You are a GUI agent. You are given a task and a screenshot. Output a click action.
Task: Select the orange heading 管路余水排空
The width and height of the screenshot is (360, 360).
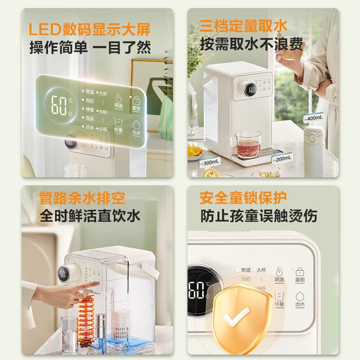click(82, 198)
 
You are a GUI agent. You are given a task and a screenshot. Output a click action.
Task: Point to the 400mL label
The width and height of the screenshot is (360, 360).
click(315, 118)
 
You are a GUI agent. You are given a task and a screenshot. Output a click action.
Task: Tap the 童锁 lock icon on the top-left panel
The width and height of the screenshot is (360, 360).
click(135, 101)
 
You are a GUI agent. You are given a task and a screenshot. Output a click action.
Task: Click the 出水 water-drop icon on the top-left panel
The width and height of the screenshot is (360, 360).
click(136, 126)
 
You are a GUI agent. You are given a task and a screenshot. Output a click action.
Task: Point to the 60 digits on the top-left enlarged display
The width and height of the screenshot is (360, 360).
click(58, 105)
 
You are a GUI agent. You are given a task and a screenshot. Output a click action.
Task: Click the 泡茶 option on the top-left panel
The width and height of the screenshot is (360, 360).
click(90, 118)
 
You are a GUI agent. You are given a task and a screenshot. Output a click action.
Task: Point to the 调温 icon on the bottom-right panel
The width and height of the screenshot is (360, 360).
click(279, 275)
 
